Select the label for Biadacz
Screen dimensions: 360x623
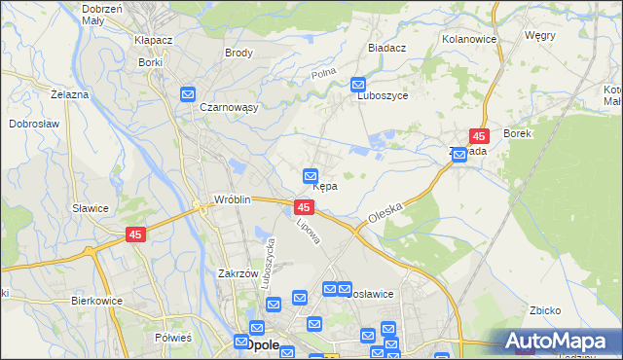pos(388,47)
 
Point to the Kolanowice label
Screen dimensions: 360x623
pos(469,39)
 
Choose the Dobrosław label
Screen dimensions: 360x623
pos(35,125)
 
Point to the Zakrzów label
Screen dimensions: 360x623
pos(238,274)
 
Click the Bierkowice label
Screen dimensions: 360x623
pos(96,301)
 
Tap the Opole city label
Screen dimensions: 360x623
pos(262,344)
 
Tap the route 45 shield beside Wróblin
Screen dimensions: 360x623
pos(304,208)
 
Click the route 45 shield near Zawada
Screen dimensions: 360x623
pos(479,137)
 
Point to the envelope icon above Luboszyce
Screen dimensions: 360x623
pos(358,85)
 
